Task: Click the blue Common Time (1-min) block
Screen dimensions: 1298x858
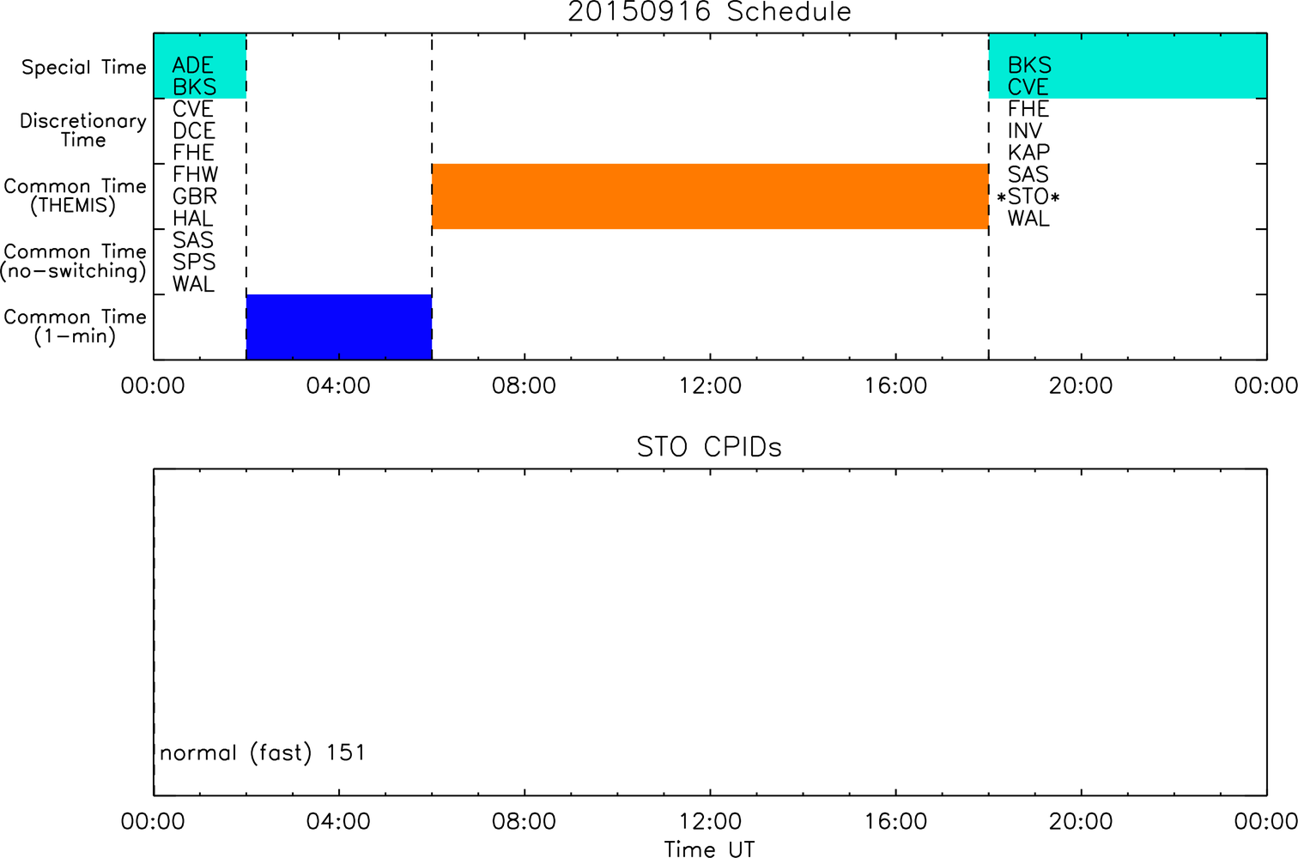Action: (x=339, y=327)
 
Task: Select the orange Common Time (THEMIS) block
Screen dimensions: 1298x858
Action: (x=710, y=196)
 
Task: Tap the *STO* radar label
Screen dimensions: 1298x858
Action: (x=1028, y=197)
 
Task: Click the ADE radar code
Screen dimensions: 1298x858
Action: (x=193, y=65)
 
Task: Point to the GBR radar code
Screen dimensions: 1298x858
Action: (x=195, y=196)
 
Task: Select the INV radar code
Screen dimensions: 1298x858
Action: (x=1024, y=131)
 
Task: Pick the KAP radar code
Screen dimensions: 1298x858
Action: (x=1028, y=153)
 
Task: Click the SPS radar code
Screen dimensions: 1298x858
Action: (x=194, y=262)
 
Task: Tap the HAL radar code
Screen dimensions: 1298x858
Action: (x=193, y=219)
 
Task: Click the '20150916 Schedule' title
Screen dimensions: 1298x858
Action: (x=709, y=12)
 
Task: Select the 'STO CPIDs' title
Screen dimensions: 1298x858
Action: (x=709, y=447)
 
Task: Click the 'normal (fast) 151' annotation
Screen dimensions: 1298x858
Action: (x=263, y=752)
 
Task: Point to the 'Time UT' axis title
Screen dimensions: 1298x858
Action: (x=709, y=849)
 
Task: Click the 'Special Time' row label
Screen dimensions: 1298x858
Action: (x=84, y=67)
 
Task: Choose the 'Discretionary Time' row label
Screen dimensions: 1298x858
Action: (x=83, y=130)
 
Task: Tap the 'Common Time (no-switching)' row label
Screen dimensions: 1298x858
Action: (x=74, y=262)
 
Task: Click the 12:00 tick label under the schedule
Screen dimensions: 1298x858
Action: (x=710, y=386)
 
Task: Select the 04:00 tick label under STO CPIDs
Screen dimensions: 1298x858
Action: (x=338, y=821)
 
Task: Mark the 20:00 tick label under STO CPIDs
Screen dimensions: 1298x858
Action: (x=1081, y=821)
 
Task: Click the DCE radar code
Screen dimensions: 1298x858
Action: (x=194, y=131)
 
